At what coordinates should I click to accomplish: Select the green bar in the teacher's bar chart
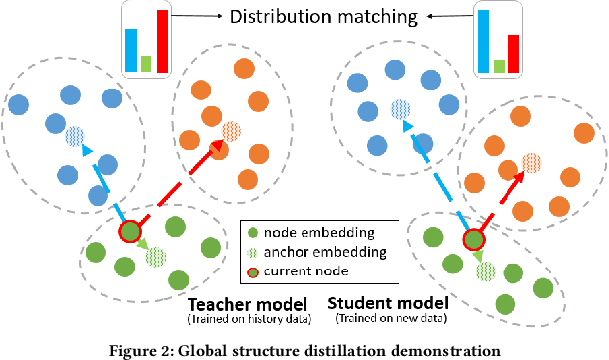(145, 63)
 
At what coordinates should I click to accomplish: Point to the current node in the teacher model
(131, 233)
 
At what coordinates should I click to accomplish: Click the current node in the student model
(474, 240)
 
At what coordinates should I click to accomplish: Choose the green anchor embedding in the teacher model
(156, 257)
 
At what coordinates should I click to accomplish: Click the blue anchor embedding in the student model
(400, 108)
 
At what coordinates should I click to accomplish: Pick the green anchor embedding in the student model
(486, 269)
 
